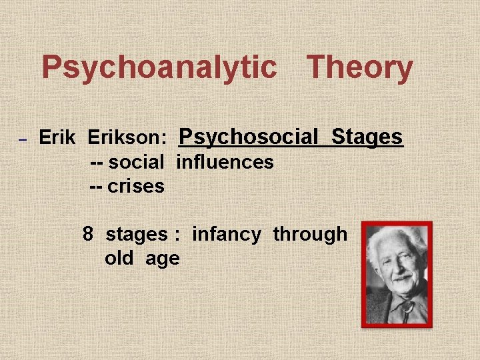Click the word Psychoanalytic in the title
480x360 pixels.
tap(159, 68)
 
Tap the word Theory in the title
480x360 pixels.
tap(359, 68)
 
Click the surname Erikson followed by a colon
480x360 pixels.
tap(127, 138)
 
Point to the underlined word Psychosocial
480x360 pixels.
tap(249, 137)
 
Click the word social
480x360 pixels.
tap(136, 162)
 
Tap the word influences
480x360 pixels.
tap(225, 162)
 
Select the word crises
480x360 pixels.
tap(136, 186)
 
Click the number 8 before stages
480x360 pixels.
tap(88, 234)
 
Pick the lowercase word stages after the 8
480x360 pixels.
tap(137, 234)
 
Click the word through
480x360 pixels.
tap(310, 234)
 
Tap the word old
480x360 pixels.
tap(119, 258)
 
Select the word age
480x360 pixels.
tap(163, 259)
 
